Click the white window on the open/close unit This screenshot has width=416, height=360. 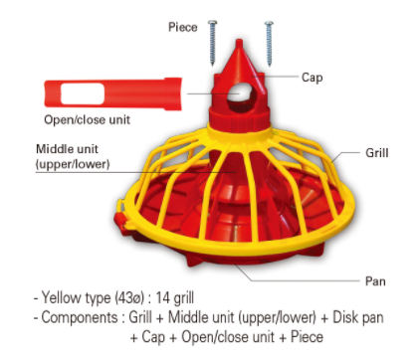coord(81,95)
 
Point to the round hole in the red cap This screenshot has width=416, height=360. coord(240,97)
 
